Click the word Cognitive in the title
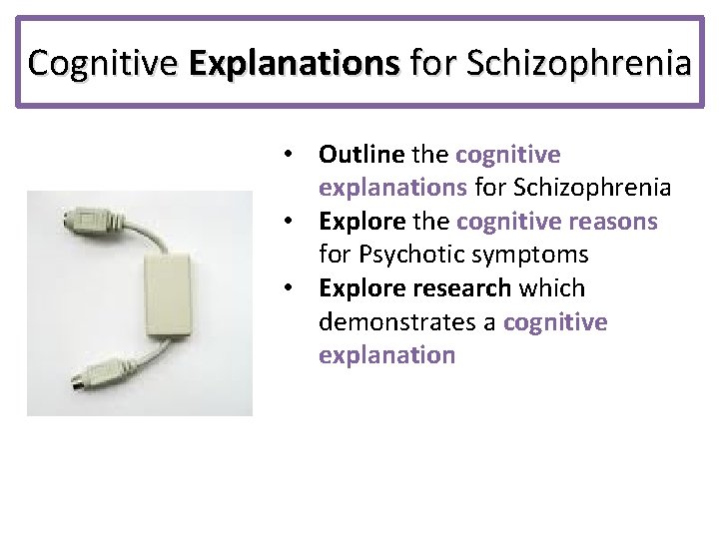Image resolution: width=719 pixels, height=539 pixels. coord(103,63)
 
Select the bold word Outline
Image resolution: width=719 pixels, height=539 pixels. coord(360,155)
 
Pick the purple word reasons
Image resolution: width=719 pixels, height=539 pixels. coord(610,222)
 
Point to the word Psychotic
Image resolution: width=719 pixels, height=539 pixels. coord(404,256)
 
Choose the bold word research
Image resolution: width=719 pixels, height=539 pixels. coord(460,288)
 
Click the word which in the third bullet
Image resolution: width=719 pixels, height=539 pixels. coord(553,288)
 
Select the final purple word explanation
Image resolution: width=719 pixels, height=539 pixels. coord(386,355)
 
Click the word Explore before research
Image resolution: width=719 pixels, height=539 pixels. coord(361,288)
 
